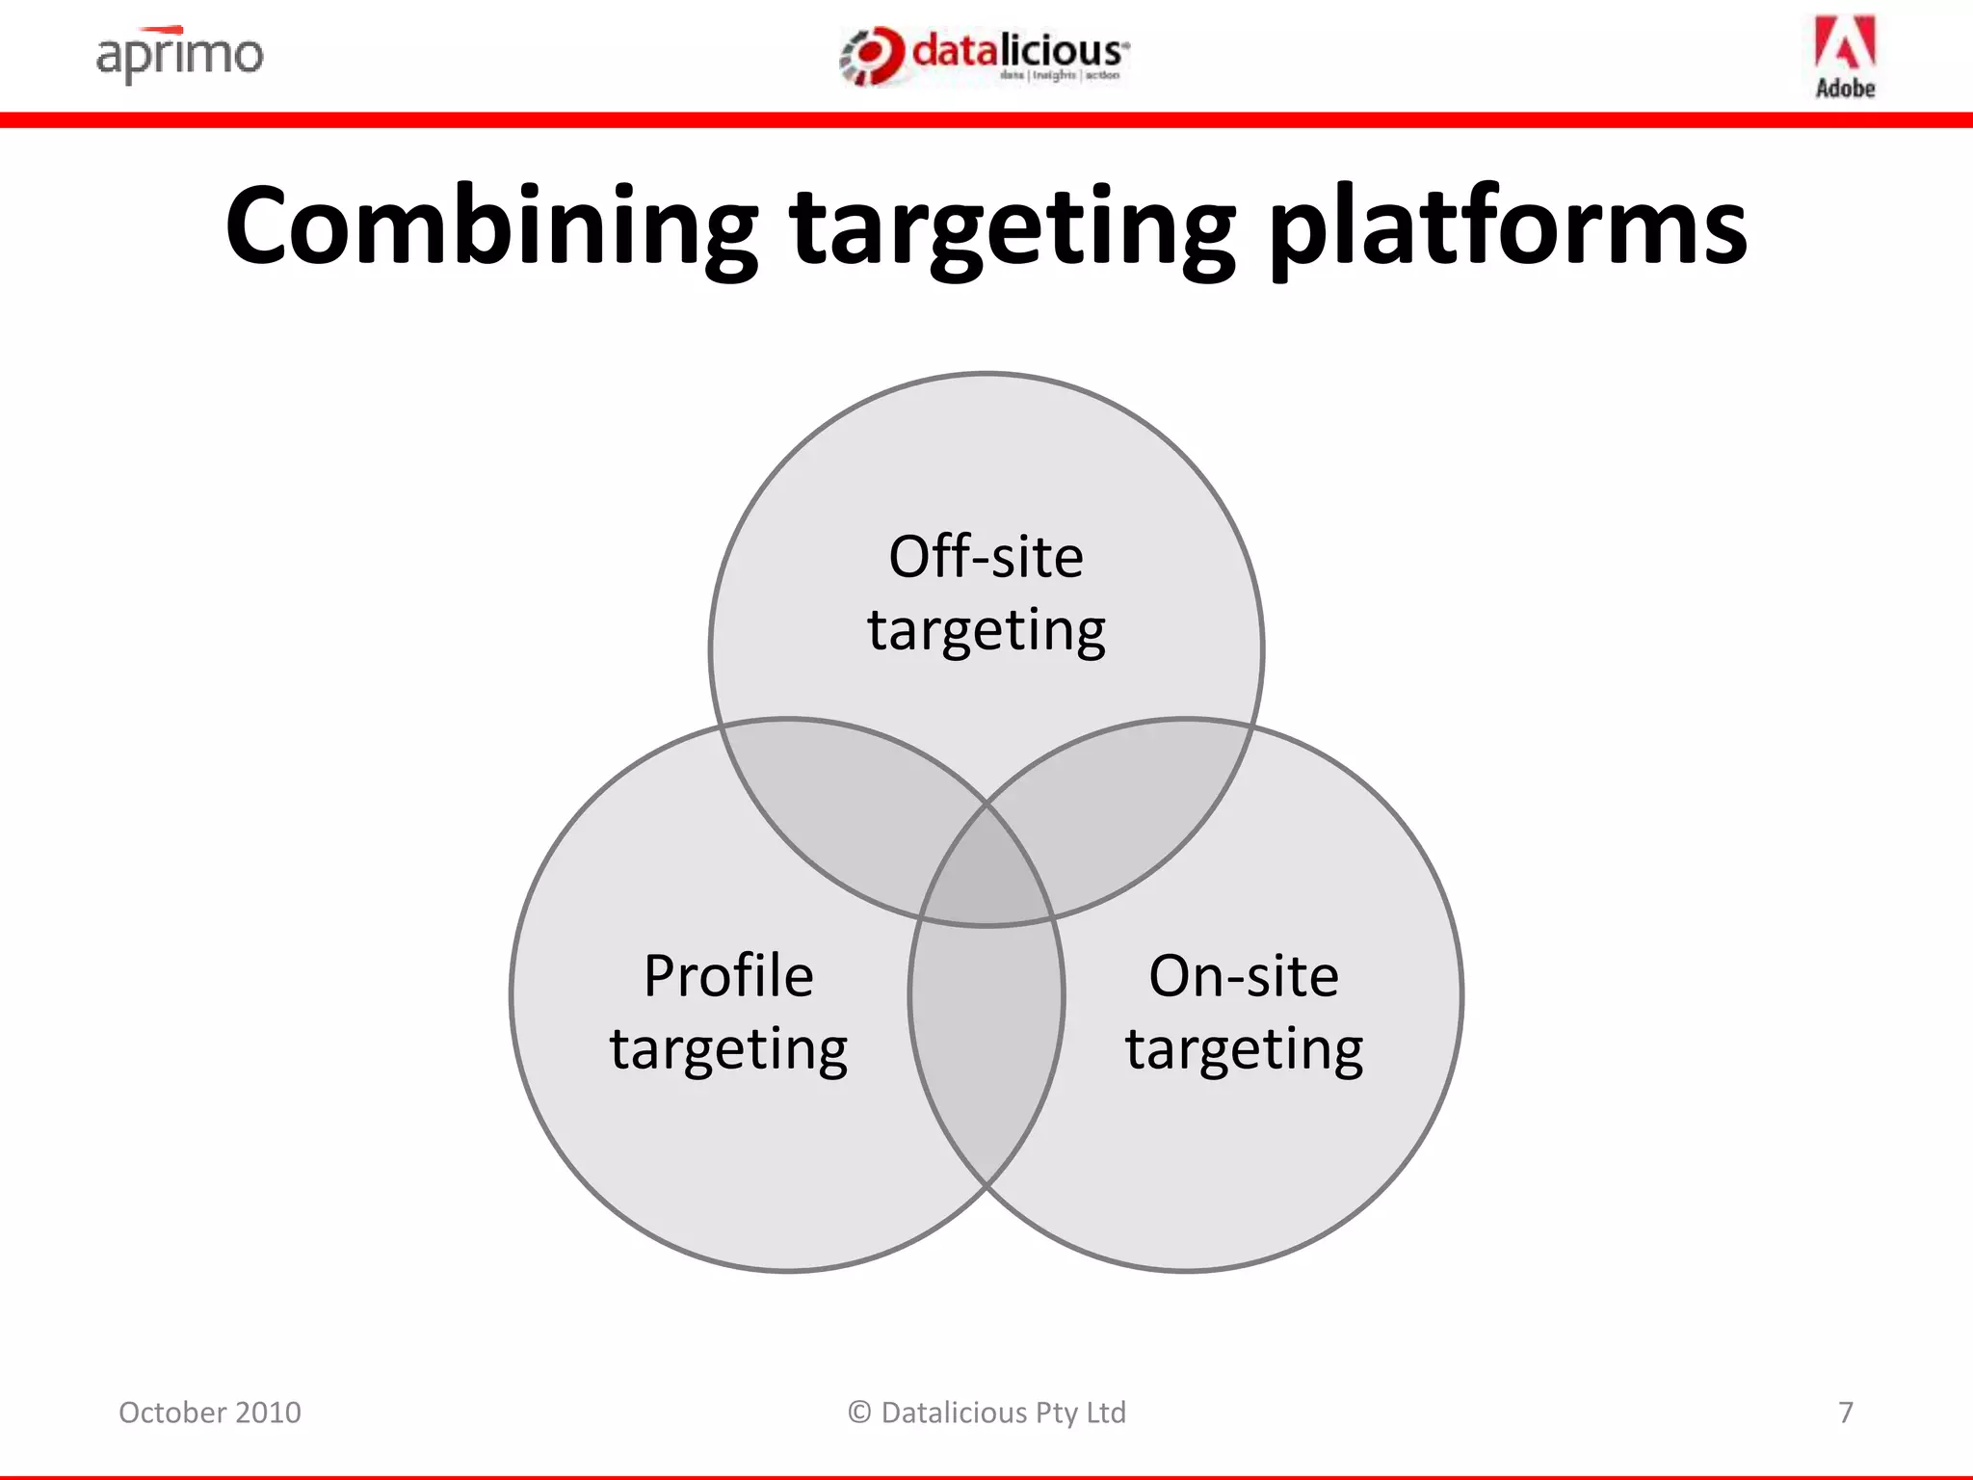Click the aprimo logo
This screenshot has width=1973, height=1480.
(x=179, y=55)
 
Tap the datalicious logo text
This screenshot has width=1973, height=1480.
(x=1019, y=52)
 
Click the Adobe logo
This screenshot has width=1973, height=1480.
(x=1845, y=57)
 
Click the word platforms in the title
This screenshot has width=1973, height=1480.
(x=1507, y=226)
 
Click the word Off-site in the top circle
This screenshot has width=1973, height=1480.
(x=986, y=557)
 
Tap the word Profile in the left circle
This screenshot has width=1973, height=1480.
(x=728, y=975)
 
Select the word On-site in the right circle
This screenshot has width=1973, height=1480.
(x=1243, y=975)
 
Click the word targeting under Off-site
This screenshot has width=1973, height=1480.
(x=986, y=631)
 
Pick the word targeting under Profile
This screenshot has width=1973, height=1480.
(x=728, y=1050)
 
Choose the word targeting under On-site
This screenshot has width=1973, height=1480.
(x=1243, y=1050)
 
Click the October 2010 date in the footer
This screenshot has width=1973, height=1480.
(x=209, y=1413)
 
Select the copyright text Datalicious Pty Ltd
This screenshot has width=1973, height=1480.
(x=986, y=1413)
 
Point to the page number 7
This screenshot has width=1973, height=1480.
(x=1845, y=1413)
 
